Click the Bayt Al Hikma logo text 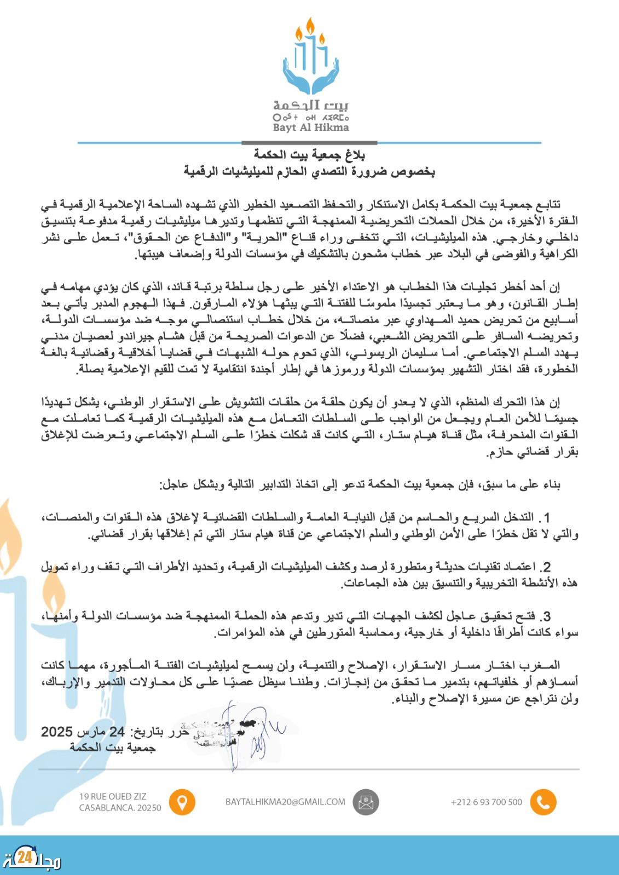pos(311,127)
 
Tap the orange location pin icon pos(182,802)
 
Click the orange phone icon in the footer pos(543,802)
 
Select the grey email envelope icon pos(366,802)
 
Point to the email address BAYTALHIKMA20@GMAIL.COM pos(285,801)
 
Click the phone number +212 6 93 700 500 pos(487,802)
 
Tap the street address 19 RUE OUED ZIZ pos(113,796)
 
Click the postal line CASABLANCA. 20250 pos(120,808)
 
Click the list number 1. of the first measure pos(542,517)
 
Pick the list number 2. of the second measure pos(544,566)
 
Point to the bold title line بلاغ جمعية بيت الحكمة pos(310,155)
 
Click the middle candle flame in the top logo pos(311,26)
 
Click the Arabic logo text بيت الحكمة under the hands pos(311,105)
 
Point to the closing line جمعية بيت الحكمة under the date pos(113,747)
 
